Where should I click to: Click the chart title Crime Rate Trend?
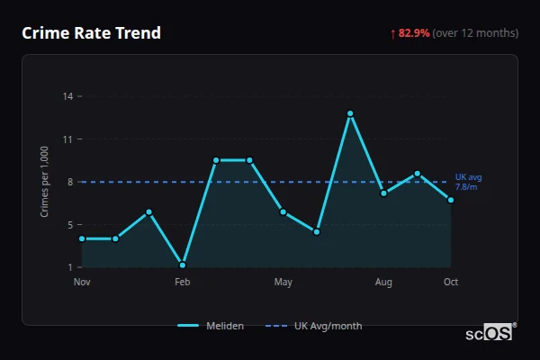coord(91,33)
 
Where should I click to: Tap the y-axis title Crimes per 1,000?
coord(44,182)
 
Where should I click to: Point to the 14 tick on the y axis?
coord(68,96)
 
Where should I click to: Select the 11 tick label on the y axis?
coord(68,139)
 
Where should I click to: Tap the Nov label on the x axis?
coord(82,283)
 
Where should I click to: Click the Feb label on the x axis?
coord(183,283)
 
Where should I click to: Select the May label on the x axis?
coord(283,283)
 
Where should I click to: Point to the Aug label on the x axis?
coord(384,283)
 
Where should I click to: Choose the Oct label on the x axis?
coord(451,283)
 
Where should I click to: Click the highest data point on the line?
coord(350,113)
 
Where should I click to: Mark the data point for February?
coord(183,265)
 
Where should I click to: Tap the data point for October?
coord(451,200)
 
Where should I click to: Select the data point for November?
coord(82,238)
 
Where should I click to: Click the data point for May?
coord(283,211)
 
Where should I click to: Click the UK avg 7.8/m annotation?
coord(469,181)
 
